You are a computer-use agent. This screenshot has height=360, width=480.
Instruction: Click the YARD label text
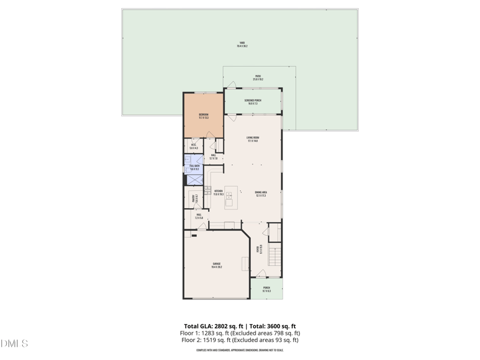point(242,44)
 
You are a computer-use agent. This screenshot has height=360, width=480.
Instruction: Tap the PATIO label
point(258,77)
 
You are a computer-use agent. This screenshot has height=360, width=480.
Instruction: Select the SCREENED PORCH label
point(253,101)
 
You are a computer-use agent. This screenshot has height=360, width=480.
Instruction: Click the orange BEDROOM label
point(204,116)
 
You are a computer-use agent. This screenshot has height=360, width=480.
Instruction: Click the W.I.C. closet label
point(194,146)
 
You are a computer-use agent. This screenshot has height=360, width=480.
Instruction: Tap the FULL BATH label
point(194,168)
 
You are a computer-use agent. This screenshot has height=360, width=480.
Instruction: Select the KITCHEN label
point(218,193)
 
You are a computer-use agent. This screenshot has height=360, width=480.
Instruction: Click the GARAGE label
point(217,265)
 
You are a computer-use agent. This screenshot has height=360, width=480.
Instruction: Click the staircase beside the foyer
point(274,256)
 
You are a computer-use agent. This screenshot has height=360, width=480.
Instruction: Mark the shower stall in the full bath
point(194,178)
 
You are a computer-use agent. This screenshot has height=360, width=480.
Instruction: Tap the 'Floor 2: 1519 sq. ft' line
point(240,340)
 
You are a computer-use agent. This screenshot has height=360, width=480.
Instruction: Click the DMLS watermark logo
point(14,344)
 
